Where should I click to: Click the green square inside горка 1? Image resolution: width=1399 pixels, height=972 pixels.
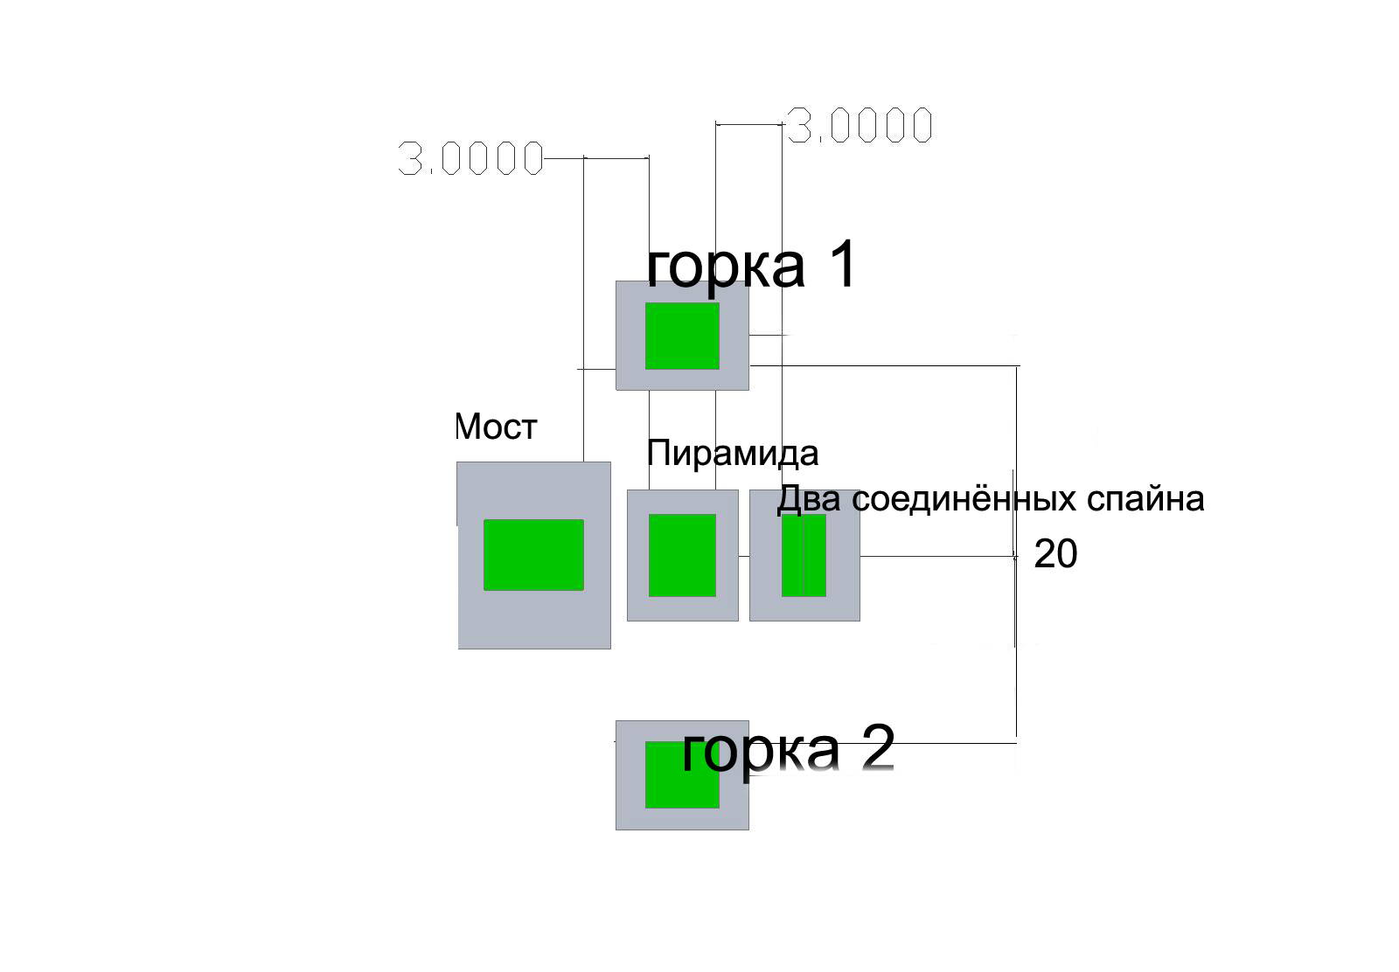[x=682, y=336]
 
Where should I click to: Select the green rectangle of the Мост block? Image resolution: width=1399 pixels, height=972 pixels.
[x=533, y=554]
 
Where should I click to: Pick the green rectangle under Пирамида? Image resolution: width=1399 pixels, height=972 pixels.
[x=682, y=555]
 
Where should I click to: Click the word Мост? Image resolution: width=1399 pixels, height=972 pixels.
[x=496, y=427]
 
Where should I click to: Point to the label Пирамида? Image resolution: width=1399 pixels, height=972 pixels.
[x=732, y=454]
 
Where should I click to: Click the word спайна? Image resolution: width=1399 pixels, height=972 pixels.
[x=1145, y=499]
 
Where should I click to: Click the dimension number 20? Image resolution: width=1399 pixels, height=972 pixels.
[x=1055, y=554]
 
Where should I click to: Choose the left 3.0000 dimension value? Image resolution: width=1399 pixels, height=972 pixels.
[x=470, y=159]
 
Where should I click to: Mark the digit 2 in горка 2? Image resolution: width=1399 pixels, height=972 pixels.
[x=877, y=747]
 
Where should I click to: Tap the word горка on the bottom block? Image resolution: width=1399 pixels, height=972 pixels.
[x=759, y=749]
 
